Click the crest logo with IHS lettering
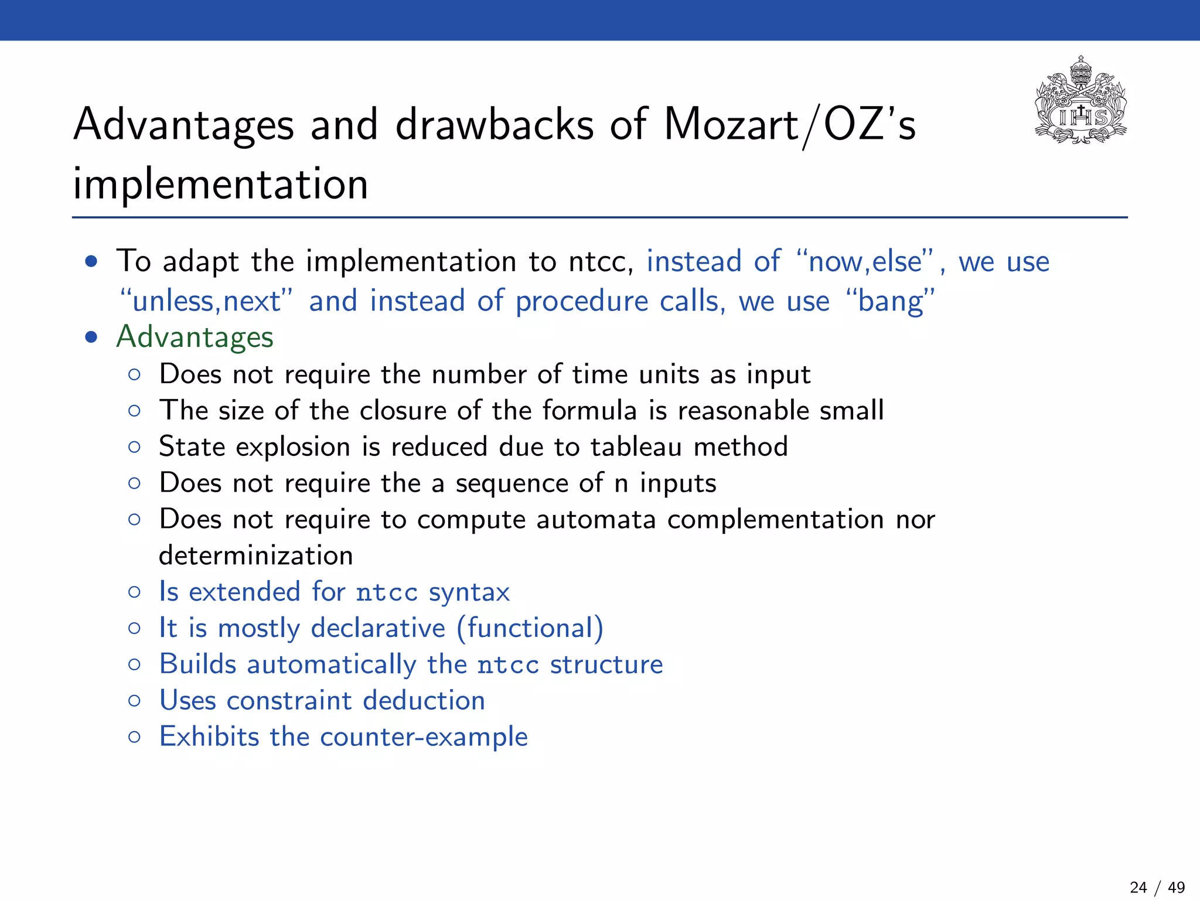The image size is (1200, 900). [x=1081, y=101]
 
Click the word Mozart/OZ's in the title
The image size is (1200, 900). [x=789, y=125]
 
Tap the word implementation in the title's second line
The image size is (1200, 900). [x=220, y=184]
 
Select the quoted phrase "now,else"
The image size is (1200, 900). [x=865, y=261]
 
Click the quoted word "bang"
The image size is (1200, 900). [x=891, y=301]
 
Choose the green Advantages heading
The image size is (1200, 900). [x=195, y=337]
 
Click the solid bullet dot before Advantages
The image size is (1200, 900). [x=91, y=337]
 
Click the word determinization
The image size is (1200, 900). [x=256, y=555]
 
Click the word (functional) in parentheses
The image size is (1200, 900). [x=530, y=629]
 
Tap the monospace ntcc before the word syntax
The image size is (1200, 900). [x=387, y=593]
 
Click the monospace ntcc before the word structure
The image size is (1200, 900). [x=508, y=665]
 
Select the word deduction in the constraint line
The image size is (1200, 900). [x=424, y=701]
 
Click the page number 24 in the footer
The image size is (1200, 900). [x=1138, y=888]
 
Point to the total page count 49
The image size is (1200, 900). [x=1176, y=888]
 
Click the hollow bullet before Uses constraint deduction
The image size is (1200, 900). [x=134, y=701]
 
